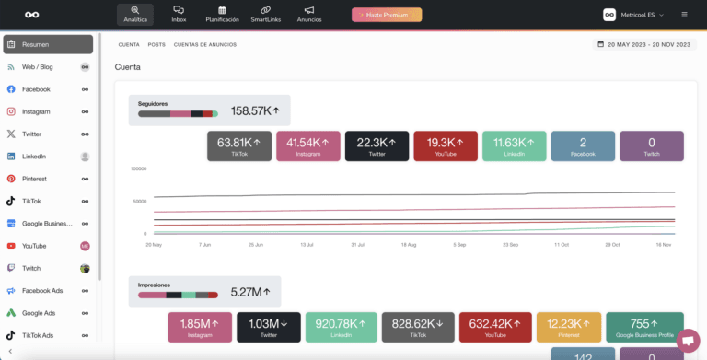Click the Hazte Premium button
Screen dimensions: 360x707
[x=387, y=15]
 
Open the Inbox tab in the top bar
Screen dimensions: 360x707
[x=178, y=14]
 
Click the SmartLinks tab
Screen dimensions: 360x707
[x=266, y=14]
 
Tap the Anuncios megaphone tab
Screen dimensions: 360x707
[x=309, y=14]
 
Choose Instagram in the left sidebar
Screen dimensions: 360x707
[x=36, y=111]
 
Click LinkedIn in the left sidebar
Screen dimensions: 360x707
[x=34, y=157]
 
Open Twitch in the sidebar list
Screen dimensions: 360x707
[x=31, y=268]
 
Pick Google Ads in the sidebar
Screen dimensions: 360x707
[x=39, y=313]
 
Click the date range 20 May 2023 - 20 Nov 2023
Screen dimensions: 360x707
[x=645, y=44]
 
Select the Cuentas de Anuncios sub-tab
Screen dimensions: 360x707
[x=204, y=44]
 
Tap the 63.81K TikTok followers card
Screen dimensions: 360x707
[x=239, y=146]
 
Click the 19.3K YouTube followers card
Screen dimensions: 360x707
[x=446, y=146]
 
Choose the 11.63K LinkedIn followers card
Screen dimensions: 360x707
[x=514, y=146]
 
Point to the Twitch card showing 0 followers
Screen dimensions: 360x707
[x=652, y=146]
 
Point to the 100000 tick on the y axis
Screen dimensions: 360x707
[x=138, y=169]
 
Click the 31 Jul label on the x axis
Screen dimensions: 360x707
[x=359, y=245]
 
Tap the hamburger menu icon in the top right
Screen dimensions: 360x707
[x=685, y=15]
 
